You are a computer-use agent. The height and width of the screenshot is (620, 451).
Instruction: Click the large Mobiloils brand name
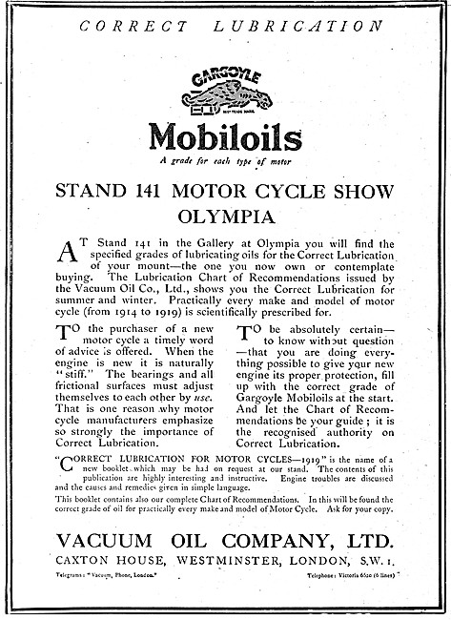(225, 137)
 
